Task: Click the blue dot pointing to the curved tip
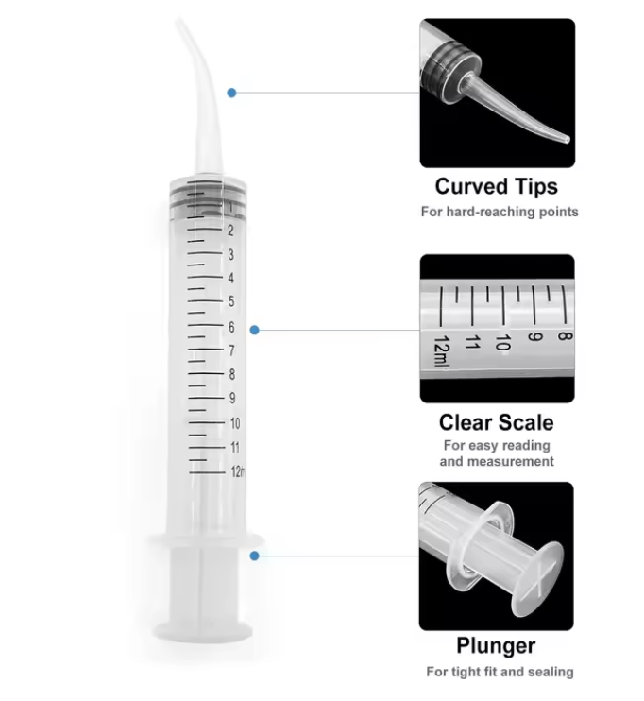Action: [231, 93]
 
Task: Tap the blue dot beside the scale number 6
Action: [255, 330]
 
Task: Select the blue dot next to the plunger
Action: [255, 556]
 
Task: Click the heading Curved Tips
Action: [497, 187]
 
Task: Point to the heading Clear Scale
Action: [497, 422]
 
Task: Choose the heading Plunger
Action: [496, 646]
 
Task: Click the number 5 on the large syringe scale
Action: [231, 301]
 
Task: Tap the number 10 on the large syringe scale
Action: [235, 423]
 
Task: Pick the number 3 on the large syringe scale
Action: [230, 254]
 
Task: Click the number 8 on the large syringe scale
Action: [232, 374]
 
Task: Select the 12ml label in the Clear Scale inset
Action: [441, 350]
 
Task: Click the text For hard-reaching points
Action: [500, 212]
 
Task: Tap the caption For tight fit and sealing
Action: [500, 672]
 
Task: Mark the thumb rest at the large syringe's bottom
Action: [202, 631]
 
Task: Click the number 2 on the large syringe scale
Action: [230, 231]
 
